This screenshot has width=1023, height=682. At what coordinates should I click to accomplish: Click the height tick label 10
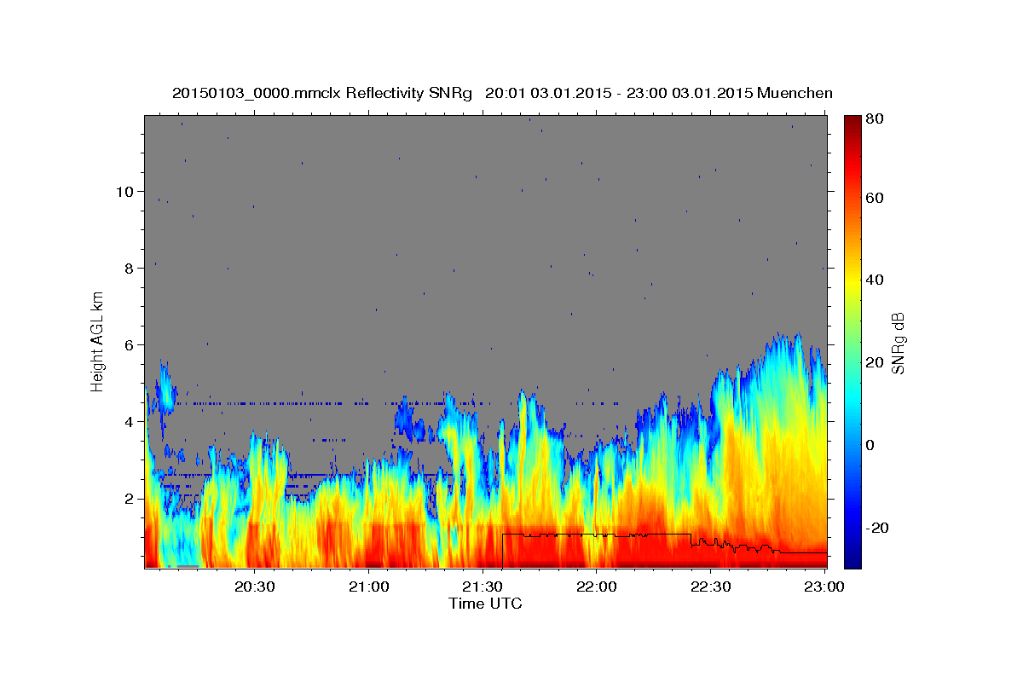pos(124,191)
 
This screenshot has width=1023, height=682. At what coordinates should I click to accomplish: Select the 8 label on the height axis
pos(129,268)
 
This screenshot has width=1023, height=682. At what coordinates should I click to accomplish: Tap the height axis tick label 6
pos(129,344)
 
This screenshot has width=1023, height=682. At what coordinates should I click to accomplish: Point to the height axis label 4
pos(129,421)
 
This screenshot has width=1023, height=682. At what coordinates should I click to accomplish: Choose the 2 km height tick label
pos(129,498)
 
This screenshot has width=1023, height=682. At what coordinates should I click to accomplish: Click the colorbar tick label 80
pos(874,119)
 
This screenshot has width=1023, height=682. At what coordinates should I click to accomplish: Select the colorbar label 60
pos(874,198)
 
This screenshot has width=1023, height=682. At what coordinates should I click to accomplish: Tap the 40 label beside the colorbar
pos(874,280)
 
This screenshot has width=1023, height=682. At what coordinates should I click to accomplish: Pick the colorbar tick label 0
pos(870,445)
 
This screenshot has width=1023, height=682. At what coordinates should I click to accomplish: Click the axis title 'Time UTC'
pos(485,604)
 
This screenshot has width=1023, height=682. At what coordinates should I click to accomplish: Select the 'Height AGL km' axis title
pos(97,341)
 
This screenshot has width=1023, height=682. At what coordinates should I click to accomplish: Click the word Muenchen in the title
pos(795,93)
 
